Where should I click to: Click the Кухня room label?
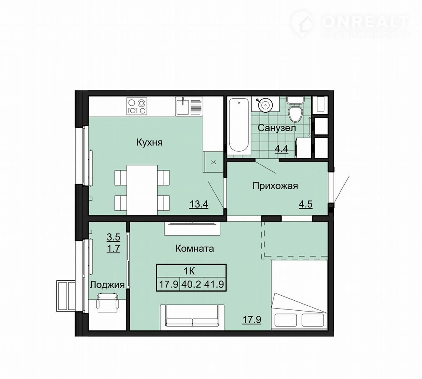coord(149,142)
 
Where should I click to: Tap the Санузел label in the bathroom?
coord(277,128)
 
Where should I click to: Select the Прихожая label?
coord(275,186)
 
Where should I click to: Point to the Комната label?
coord(195,248)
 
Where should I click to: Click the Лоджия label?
coord(107,285)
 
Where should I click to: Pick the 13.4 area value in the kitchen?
coord(199,204)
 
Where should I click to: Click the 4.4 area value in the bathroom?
coord(281,149)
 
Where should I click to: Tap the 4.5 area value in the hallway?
coord(305,204)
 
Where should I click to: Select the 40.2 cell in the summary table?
coord(191,284)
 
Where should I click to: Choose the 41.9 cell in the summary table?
coord(214,284)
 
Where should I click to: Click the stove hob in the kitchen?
coord(137,106)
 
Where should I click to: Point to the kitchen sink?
coord(189,106)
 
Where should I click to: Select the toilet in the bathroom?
coord(295,110)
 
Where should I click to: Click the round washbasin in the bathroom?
coord(265,104)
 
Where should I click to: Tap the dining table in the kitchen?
coord(142,189)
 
